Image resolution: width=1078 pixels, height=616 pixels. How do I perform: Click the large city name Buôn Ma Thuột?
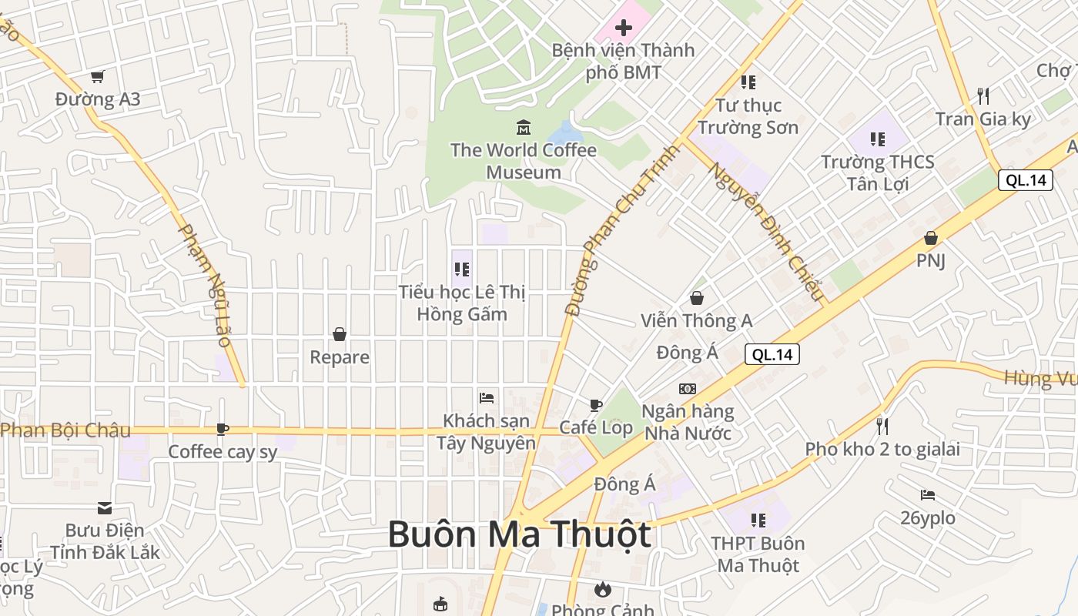(519, 534)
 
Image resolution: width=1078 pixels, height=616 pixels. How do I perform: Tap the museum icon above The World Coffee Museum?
(524, 126)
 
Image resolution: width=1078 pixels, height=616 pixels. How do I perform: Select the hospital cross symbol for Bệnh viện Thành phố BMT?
(623, 28)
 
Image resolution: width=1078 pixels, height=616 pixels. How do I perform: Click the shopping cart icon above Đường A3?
(97, 76)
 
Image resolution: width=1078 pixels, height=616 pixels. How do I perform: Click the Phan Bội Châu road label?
(65, 430)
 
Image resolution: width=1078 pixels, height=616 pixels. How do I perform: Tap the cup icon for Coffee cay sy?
(223, 429)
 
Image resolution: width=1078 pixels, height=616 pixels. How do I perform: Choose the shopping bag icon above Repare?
(340, 334)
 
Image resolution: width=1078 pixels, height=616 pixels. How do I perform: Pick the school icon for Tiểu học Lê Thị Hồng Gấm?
(462, 269)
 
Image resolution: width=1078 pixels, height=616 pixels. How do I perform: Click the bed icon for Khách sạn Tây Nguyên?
(487, 397)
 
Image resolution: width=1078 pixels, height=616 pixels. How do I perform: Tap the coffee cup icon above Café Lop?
(595, 405)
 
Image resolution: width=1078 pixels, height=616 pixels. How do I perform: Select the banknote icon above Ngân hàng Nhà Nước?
(688, 389)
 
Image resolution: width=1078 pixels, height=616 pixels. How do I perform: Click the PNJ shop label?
(930, 260)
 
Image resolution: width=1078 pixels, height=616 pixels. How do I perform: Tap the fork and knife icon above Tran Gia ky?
(983, 96)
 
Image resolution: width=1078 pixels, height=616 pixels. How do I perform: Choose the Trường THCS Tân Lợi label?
(878, 172)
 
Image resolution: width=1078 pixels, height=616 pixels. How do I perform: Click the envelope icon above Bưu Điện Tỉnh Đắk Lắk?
(105, 507)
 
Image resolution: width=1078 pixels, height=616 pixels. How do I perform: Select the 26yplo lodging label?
(928, 517)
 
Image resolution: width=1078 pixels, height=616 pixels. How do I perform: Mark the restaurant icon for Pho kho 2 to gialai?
(882, 426)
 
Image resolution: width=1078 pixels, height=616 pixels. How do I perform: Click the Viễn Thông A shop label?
(696, 320)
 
